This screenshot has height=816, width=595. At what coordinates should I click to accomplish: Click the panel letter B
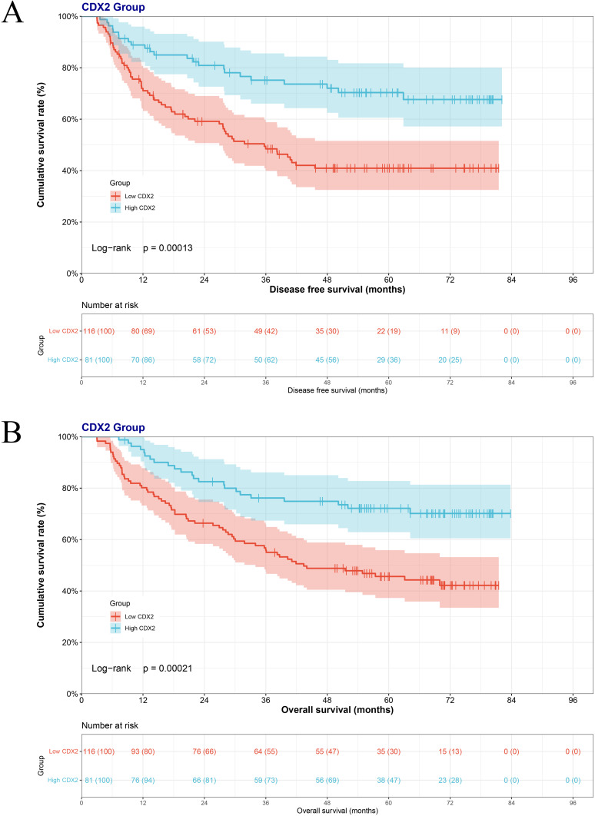pyautogui.click(x=13, y=433)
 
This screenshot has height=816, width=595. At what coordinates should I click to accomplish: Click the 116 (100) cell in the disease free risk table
pyautogui.click(x=98, y=330)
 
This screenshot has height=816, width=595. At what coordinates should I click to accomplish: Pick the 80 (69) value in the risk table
pyautogui.click(x=143, y=330)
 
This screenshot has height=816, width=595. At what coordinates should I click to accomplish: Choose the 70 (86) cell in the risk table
pyautogui.click(x=143, y=360)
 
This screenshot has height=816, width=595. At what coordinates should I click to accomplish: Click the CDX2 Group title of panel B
pyautogui.click(x=113, y=427)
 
